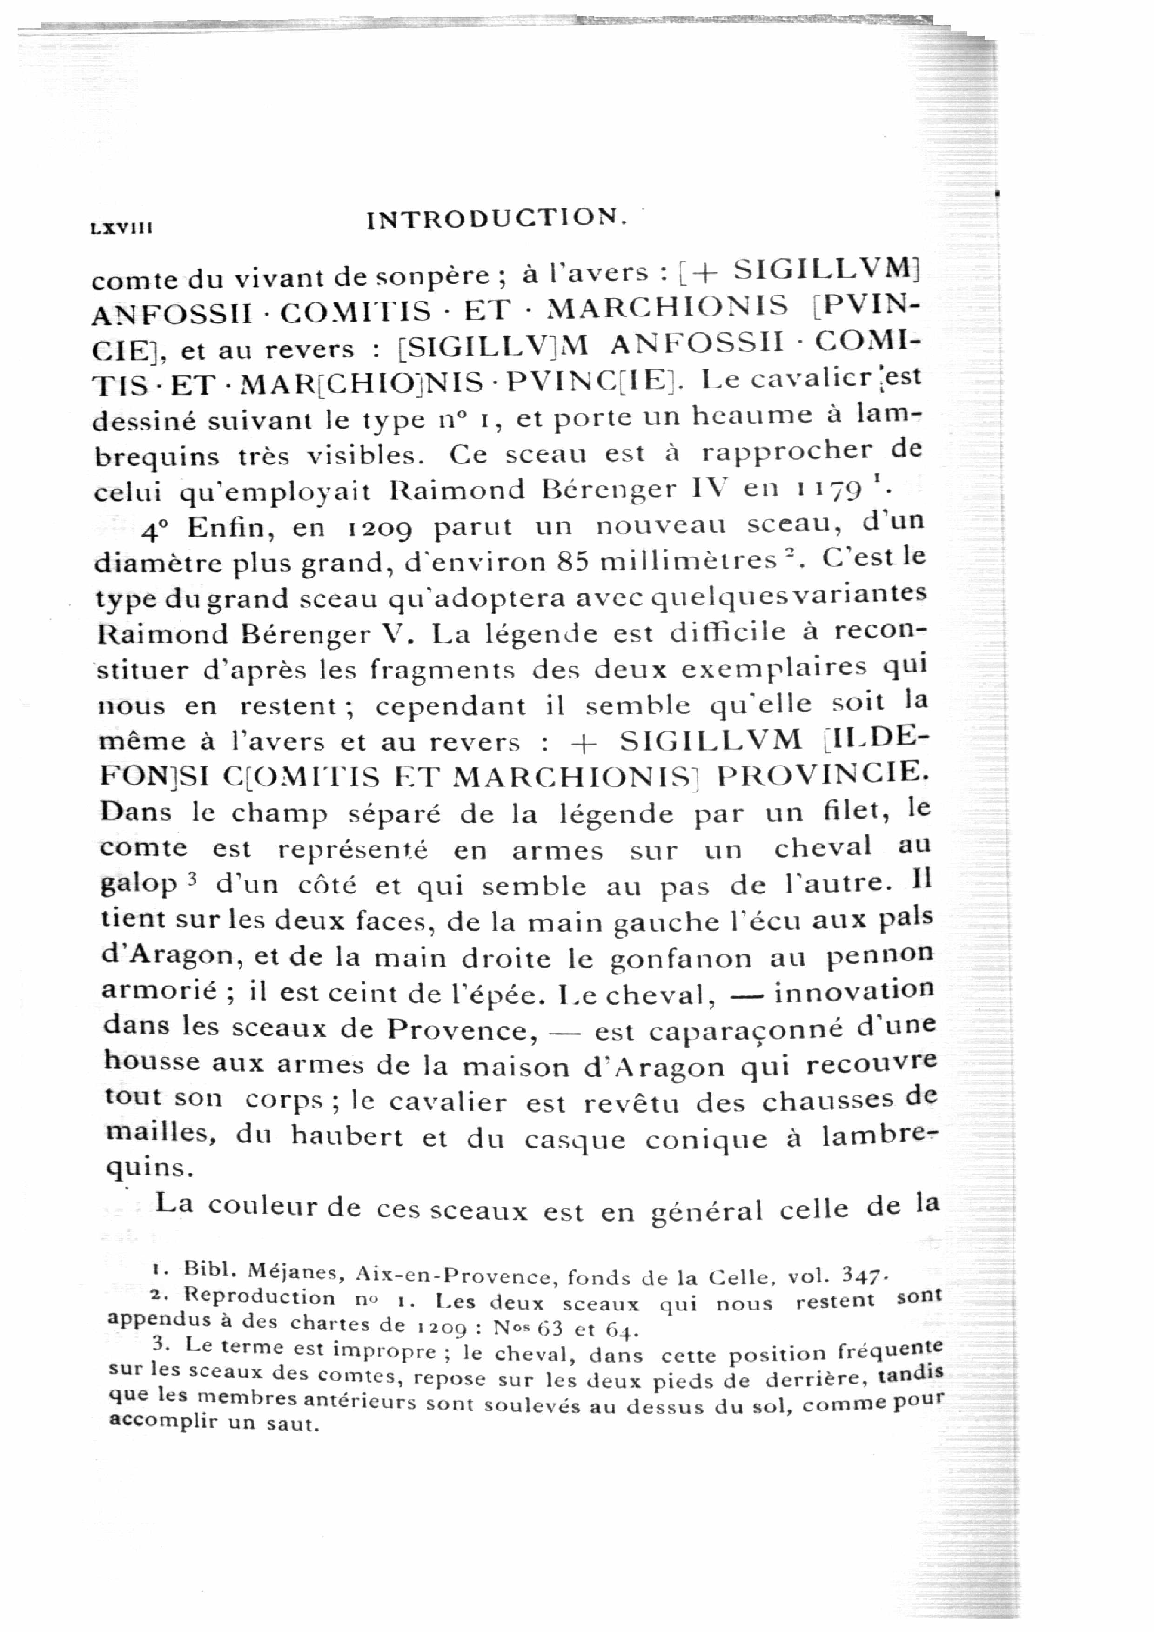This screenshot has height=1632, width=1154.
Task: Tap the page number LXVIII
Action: [122, 228]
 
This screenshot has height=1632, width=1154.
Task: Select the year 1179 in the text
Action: [828, 489]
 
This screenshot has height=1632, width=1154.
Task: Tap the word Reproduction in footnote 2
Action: [259, 1296]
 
